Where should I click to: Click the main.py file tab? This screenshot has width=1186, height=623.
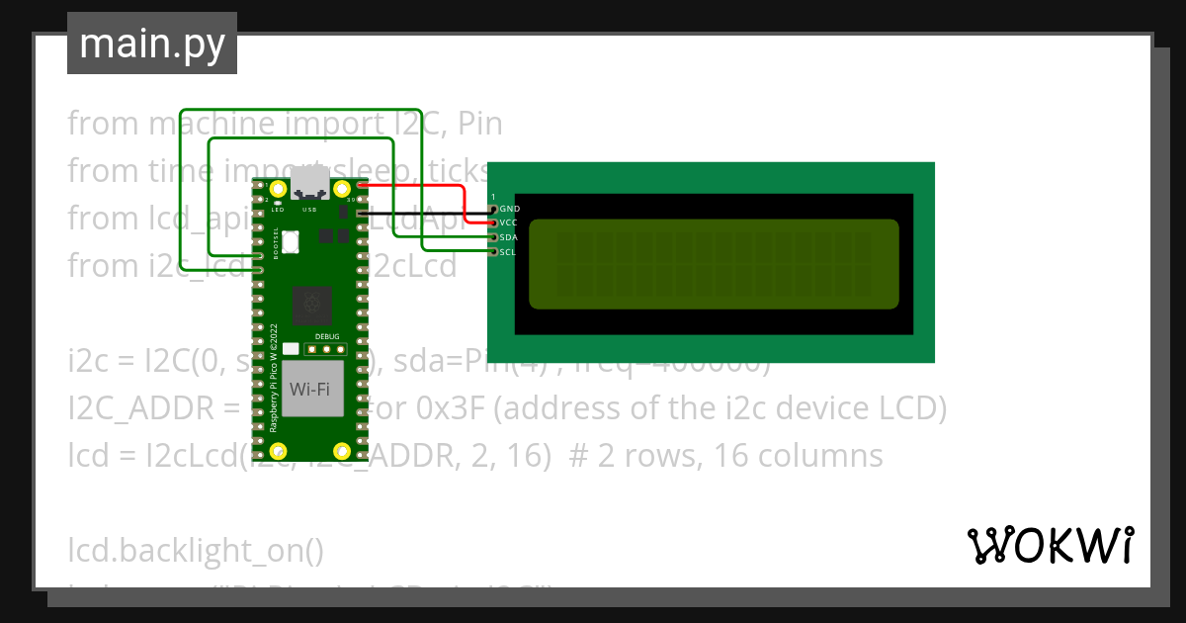click(x=151, y=44)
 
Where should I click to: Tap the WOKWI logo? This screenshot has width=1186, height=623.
click(x=1049, y=545)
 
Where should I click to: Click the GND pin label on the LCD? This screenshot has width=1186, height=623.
click(x=510, y=210)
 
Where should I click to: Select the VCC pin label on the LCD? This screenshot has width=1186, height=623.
click(x=510, y=223)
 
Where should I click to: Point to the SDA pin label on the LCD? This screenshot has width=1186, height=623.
click(x=510, y=238)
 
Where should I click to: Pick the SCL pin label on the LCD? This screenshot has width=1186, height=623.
click(x=509, y=252)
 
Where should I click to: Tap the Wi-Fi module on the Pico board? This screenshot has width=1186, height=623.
click(x=309, y=389)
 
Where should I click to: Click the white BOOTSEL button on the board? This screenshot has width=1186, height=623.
click(x=291, y=240)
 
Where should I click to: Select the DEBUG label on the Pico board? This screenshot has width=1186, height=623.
click(x=326, y=336)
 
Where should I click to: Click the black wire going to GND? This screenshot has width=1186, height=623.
click(x=425, y=211)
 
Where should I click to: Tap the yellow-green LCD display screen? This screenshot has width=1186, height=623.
click(x=714, y=263)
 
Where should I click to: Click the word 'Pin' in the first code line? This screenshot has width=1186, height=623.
click(x=480, y=124)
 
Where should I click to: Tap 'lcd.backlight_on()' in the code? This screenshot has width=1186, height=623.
click(x=196, y=550)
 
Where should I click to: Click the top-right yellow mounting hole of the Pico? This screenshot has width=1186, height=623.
click(x=342, y=188)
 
